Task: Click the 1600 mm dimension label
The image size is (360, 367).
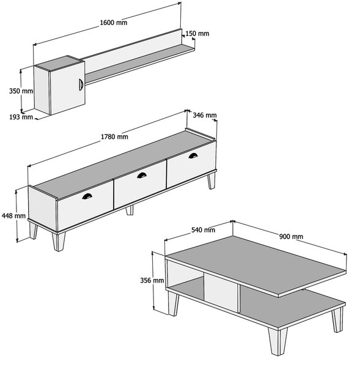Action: pyautogui.click(x=114, y=23)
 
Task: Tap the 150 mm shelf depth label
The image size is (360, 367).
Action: pyautogui.click(x=197, y=34)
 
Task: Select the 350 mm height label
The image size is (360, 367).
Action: pyautogui.click(x=21, y=91)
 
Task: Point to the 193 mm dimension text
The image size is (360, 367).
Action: pyautogui.click(x=21, y=117)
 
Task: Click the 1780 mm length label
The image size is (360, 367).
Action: pyautogui.click(x=114, y=136)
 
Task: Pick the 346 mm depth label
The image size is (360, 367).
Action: pyautogui.click(x=205, y=115)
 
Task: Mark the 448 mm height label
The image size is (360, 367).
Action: pyautogui.click(x=13, y=215)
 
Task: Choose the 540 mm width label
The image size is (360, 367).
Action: pyautogui.click(x=204, y=230)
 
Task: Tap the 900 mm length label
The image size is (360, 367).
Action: pyautogui.click(x=291, y=237)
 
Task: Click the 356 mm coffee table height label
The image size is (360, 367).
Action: pyautogui.click(x=152, y=280)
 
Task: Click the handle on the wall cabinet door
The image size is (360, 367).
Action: pyautogui.click(x=81, y=84)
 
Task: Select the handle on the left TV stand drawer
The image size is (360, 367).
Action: pyautogui.click(x=87, y=196)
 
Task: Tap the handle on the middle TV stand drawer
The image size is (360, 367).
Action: pyautogui.click(x=142, y=176)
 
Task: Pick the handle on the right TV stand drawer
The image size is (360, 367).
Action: pyautogui.click(x=193, y=155)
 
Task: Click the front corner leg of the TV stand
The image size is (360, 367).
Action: pyautogui.click(x=59, y=242)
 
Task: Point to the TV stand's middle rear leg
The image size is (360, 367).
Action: pyautogui.click(x=130, y=210)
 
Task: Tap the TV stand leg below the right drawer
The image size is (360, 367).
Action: pyautogui.click(x=211, y=180)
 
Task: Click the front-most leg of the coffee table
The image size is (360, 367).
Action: pyautogui.click(x=277, y=341)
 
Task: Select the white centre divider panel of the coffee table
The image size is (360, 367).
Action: pyautogui.click(x=221, y=292)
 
